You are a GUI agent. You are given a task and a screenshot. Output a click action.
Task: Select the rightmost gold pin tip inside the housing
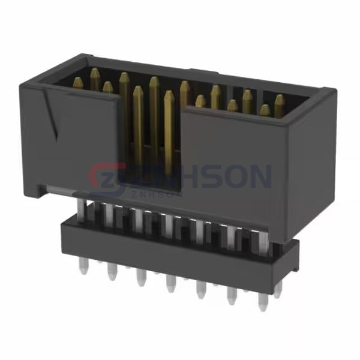[280, 98]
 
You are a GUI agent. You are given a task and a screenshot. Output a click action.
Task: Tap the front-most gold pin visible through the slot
[169, 96]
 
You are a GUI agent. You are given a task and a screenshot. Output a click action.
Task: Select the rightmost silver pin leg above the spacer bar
[264, 237]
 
